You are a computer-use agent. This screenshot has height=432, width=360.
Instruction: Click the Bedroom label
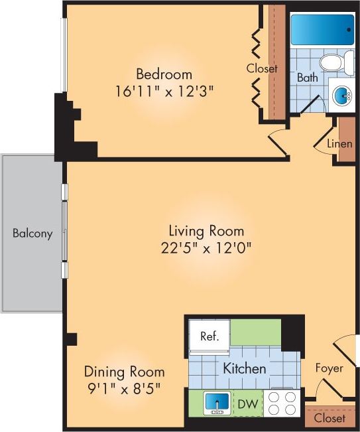164,74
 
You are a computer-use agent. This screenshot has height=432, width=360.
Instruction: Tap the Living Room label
206,231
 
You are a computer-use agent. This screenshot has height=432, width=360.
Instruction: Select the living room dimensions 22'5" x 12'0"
206,248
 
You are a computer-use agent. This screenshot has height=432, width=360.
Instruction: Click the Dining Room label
124,372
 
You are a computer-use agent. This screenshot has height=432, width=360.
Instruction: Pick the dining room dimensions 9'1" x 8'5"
124,387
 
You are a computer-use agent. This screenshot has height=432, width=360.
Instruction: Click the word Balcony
32,234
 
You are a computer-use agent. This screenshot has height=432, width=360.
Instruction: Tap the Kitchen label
245,368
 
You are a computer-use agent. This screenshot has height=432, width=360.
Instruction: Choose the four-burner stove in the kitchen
282,403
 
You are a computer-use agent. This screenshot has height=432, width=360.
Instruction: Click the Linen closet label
339,143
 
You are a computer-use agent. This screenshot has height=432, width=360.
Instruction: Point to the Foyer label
329,368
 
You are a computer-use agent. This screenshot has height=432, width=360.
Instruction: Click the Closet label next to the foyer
330,419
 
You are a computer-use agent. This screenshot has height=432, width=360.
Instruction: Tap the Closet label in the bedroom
261,68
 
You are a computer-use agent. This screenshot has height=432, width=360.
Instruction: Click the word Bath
307,78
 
